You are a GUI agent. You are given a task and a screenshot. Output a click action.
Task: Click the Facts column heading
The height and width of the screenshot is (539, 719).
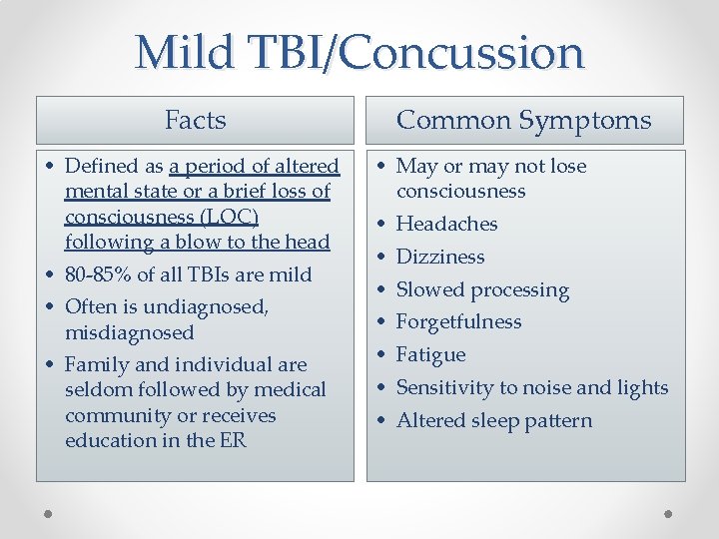(195, 121)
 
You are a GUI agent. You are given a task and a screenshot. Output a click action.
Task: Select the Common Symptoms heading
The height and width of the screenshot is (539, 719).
(523, 121)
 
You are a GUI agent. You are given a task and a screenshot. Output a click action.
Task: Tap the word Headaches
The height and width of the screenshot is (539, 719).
(446, 224)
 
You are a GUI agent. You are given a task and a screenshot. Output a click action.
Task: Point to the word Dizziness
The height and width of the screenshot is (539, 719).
(440, 257)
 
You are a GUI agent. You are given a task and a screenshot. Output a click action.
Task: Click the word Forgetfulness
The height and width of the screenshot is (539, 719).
(458, 321)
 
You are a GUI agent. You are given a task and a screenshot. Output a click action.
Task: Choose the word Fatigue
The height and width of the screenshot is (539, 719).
(430, 354)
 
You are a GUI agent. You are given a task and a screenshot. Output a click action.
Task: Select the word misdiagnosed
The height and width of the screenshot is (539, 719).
(129, 332)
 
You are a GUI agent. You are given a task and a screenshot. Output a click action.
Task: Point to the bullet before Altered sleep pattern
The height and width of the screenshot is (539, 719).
(382, 421)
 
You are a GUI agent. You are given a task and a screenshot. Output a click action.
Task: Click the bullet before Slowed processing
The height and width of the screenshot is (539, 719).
(382, 290)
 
